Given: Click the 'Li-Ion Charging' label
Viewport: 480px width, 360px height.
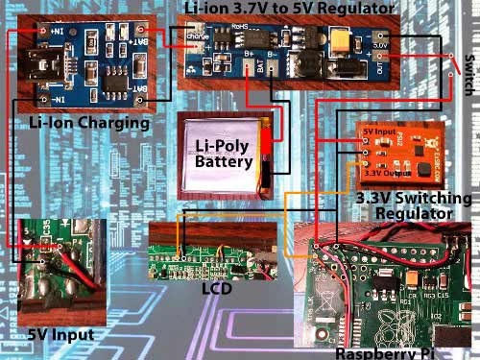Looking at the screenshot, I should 88,124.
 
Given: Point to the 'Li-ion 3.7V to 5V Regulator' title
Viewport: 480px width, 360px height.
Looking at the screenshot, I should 287,9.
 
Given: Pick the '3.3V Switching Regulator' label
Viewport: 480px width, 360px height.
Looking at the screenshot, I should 413,206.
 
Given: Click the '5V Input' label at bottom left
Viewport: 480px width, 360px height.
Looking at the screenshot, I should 59,334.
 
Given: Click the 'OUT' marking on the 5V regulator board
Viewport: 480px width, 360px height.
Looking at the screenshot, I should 380,68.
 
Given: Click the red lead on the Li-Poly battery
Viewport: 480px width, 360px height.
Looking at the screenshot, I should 273,154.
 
